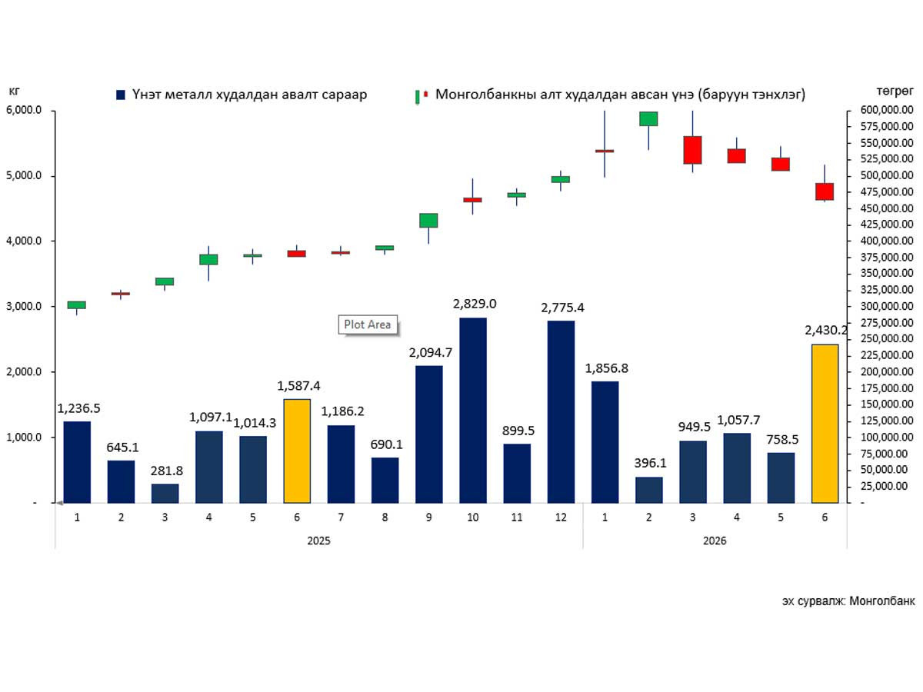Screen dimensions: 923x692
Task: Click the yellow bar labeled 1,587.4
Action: tap(297, 451)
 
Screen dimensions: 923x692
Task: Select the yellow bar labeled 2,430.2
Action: tap(825, 424)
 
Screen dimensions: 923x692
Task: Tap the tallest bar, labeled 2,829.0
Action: tap(472, 410)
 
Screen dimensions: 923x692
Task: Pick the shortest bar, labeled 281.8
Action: tap(165, 494)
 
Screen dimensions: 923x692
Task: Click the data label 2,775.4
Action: tap(562, 308)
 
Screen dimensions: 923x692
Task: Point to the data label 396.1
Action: tap(650, 463)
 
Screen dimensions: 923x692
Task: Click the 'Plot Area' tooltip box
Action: tap(368, 324)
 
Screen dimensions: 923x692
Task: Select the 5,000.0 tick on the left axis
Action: tap(24, 175)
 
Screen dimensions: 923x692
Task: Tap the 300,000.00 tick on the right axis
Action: tap(886, 306)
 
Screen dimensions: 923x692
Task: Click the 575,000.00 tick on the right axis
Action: tap(886, 126)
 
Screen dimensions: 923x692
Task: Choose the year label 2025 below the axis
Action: tap(318, 541)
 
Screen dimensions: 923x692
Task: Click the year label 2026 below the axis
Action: tap(715, 541)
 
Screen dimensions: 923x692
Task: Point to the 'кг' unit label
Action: tap(14, 90)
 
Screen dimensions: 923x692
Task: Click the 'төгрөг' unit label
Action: tap(895, 91)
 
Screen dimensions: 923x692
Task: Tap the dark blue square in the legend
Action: tap(121, 95)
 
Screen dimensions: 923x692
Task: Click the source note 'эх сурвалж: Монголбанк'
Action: tap(848, 601)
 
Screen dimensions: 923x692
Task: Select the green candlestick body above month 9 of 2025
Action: tap(428, 220)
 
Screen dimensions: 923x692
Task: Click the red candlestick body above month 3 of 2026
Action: tap(692, 150)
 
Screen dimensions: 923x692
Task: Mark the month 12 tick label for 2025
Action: tap(561, 517)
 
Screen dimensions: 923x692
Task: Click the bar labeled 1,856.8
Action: tap(605, 442)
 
